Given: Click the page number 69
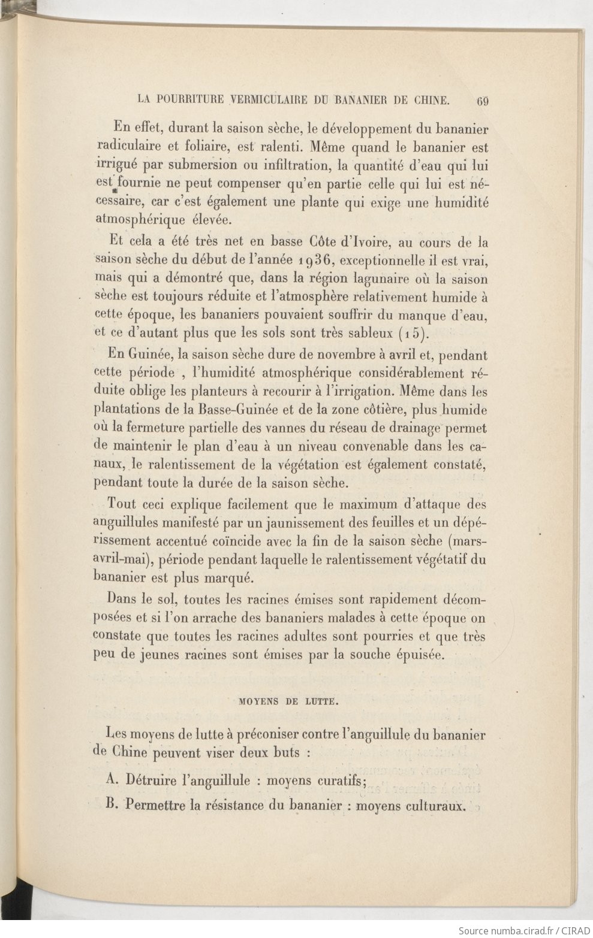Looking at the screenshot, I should [482, 101].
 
